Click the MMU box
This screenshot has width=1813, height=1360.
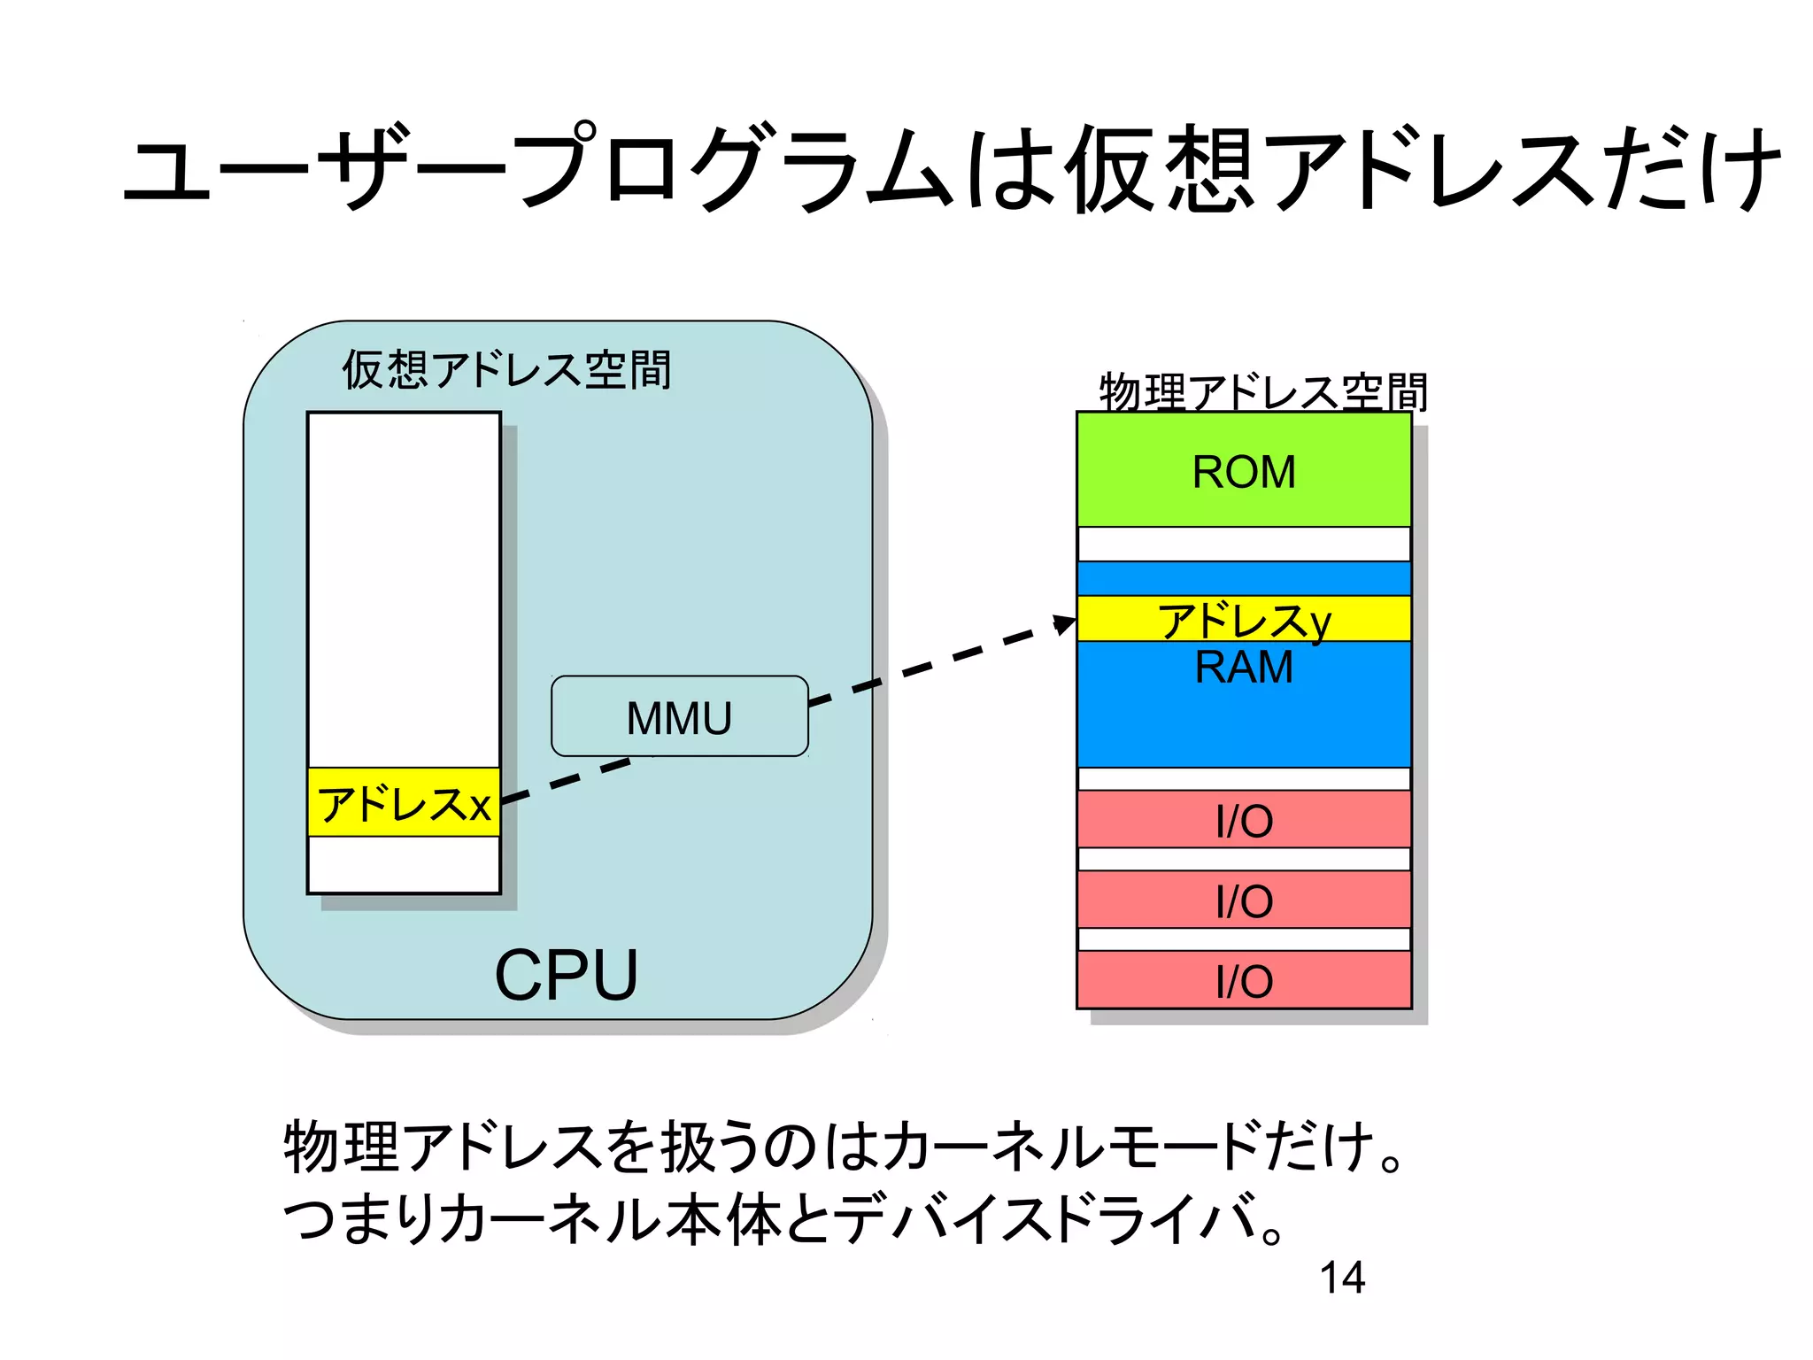679,716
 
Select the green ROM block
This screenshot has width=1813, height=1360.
1243,470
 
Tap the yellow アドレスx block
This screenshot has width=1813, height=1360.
404,803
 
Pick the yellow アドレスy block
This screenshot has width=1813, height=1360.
1243,619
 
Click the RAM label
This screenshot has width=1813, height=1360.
1243,668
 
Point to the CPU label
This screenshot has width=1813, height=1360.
566,975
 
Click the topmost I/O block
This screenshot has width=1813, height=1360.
1243,820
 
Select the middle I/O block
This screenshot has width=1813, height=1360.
1243,900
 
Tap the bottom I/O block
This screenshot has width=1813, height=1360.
1243,980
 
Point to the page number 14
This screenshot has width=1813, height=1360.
1342,1278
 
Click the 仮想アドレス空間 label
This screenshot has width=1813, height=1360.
506,370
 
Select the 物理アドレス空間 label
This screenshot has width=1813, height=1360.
1263,392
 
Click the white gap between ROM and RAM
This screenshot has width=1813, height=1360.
1243,545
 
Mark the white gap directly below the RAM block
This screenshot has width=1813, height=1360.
1243,779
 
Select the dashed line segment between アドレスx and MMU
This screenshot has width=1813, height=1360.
567,779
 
